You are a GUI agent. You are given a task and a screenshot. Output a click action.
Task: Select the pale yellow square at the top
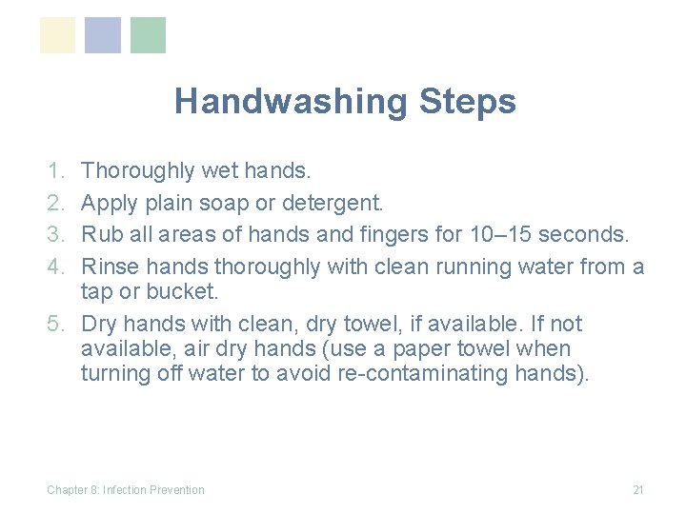[x=57, y=35]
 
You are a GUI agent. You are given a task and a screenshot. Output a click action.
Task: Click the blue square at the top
[x=103, y=35]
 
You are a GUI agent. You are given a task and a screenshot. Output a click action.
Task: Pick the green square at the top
[x=148, y=35]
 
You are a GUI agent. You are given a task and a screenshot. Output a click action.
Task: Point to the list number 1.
[x=53, y=171]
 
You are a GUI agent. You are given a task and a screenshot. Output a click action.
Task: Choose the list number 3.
[x=53, y=234]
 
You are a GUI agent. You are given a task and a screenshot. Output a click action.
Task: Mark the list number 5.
[x=53, y=324]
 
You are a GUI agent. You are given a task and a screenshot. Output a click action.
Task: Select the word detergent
[x=333, y=203]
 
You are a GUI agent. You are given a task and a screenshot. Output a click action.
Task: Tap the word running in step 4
[x=482, y=267]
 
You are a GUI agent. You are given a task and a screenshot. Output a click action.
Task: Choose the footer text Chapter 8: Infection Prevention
[x=126, y=490]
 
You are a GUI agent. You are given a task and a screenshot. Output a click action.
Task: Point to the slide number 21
[x=638, y=490]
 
